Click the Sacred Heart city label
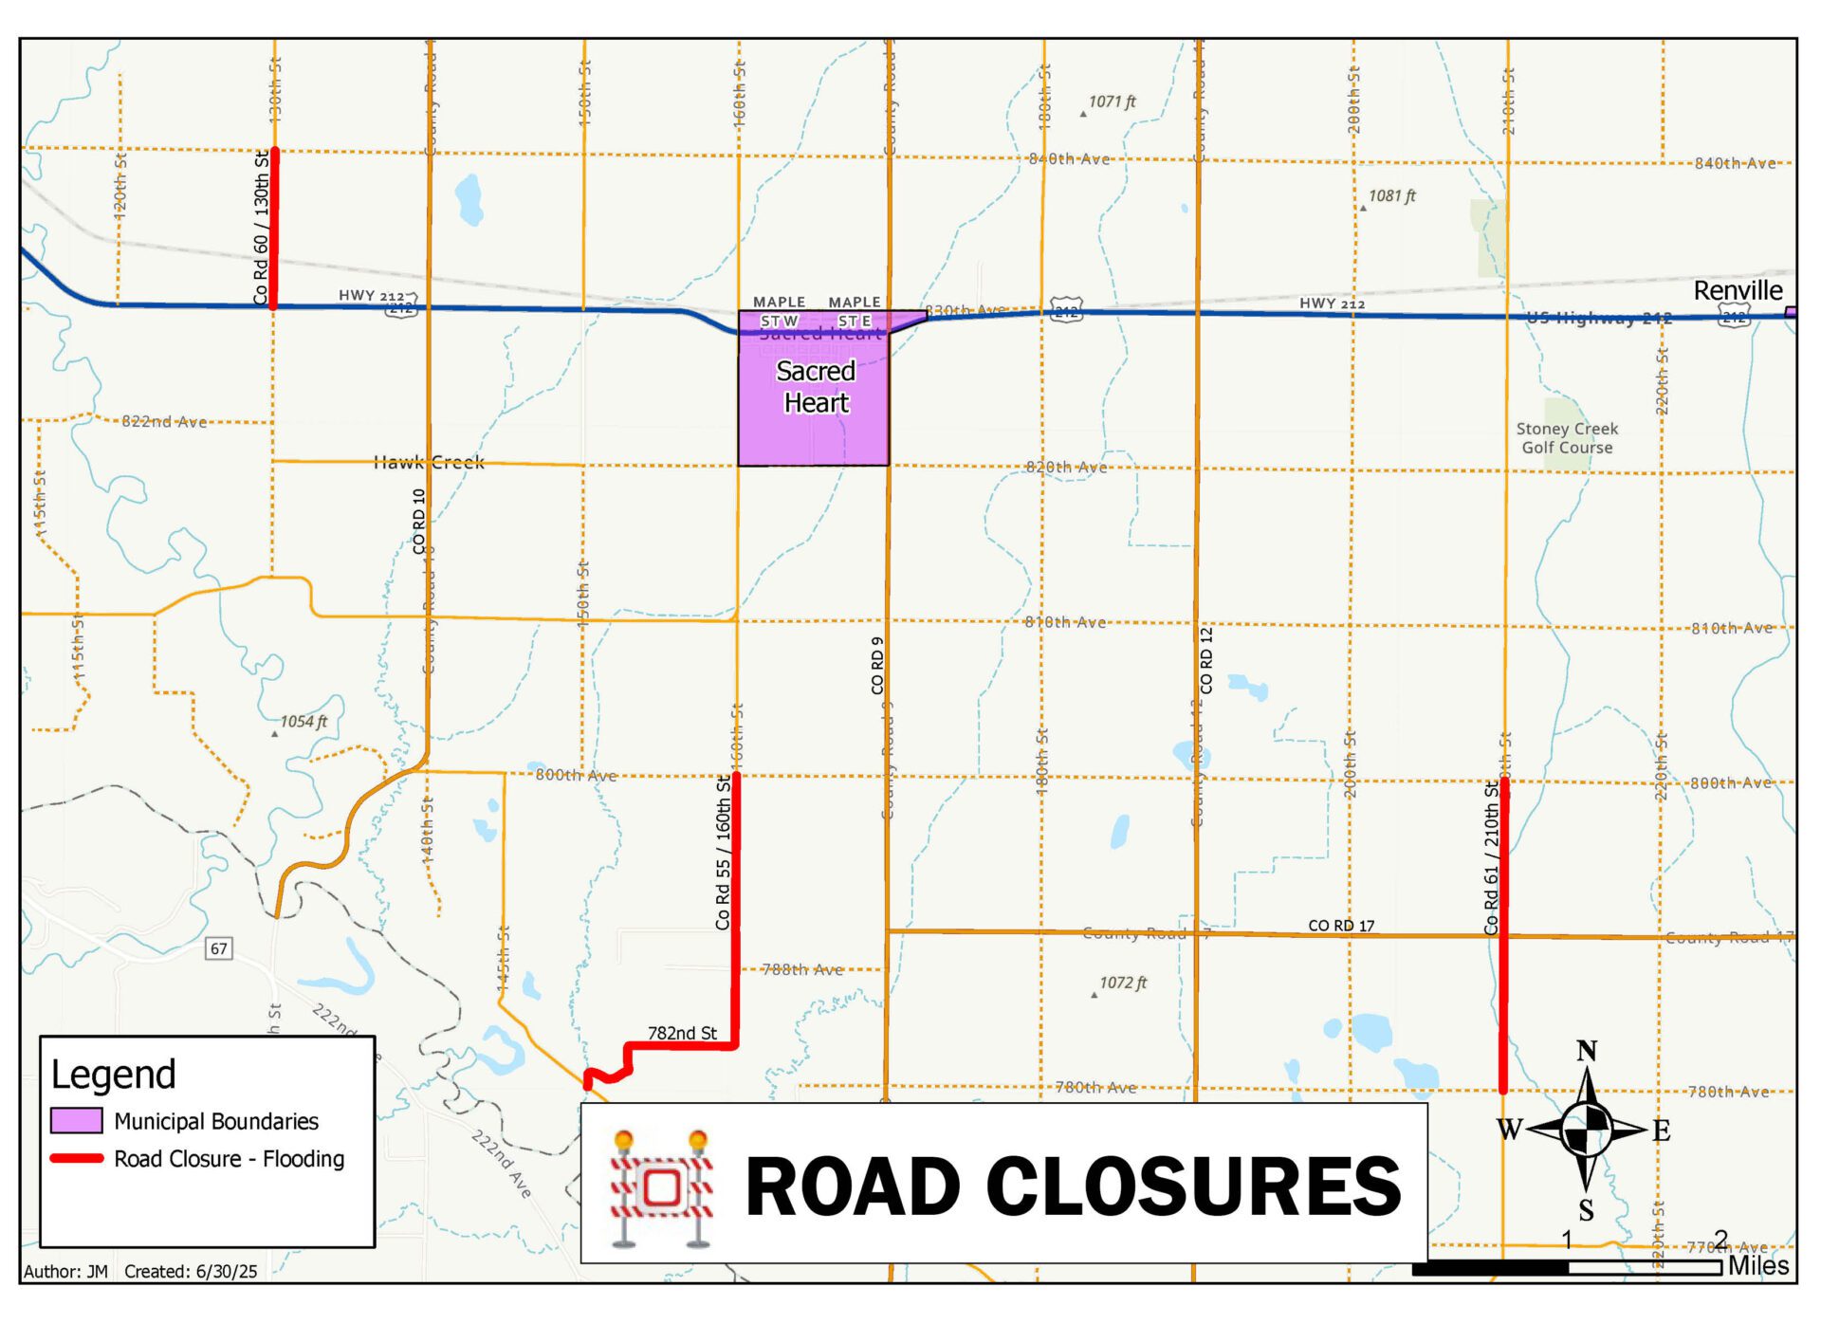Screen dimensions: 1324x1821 [816, 386]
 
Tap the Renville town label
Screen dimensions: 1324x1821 [1738, 290]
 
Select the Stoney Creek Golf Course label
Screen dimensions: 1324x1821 [1567, 438]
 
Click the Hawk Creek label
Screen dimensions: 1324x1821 [429, 463]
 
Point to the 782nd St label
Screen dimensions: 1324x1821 [682, 1033]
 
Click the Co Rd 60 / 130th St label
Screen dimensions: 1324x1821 [261, 228]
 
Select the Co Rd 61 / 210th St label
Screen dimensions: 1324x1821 [1491, 857]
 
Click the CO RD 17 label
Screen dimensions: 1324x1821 [1341, 926]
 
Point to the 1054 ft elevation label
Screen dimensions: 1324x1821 [303, 722]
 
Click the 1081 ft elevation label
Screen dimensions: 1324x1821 [1391, 196]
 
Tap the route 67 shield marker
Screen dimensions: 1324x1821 [219, 948]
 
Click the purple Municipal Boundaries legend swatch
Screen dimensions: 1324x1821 [77, 1121]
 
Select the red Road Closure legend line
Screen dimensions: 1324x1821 [77, 1158]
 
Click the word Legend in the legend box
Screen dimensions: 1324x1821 [114, 1075]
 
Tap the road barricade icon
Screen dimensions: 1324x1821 [661, 1187]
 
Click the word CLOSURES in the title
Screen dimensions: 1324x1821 [1193, 1186]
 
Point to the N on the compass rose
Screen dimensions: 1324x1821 [1587, 1051]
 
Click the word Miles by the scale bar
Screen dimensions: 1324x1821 [1758, 1265]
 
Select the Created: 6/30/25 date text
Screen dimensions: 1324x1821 [191, 1272]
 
